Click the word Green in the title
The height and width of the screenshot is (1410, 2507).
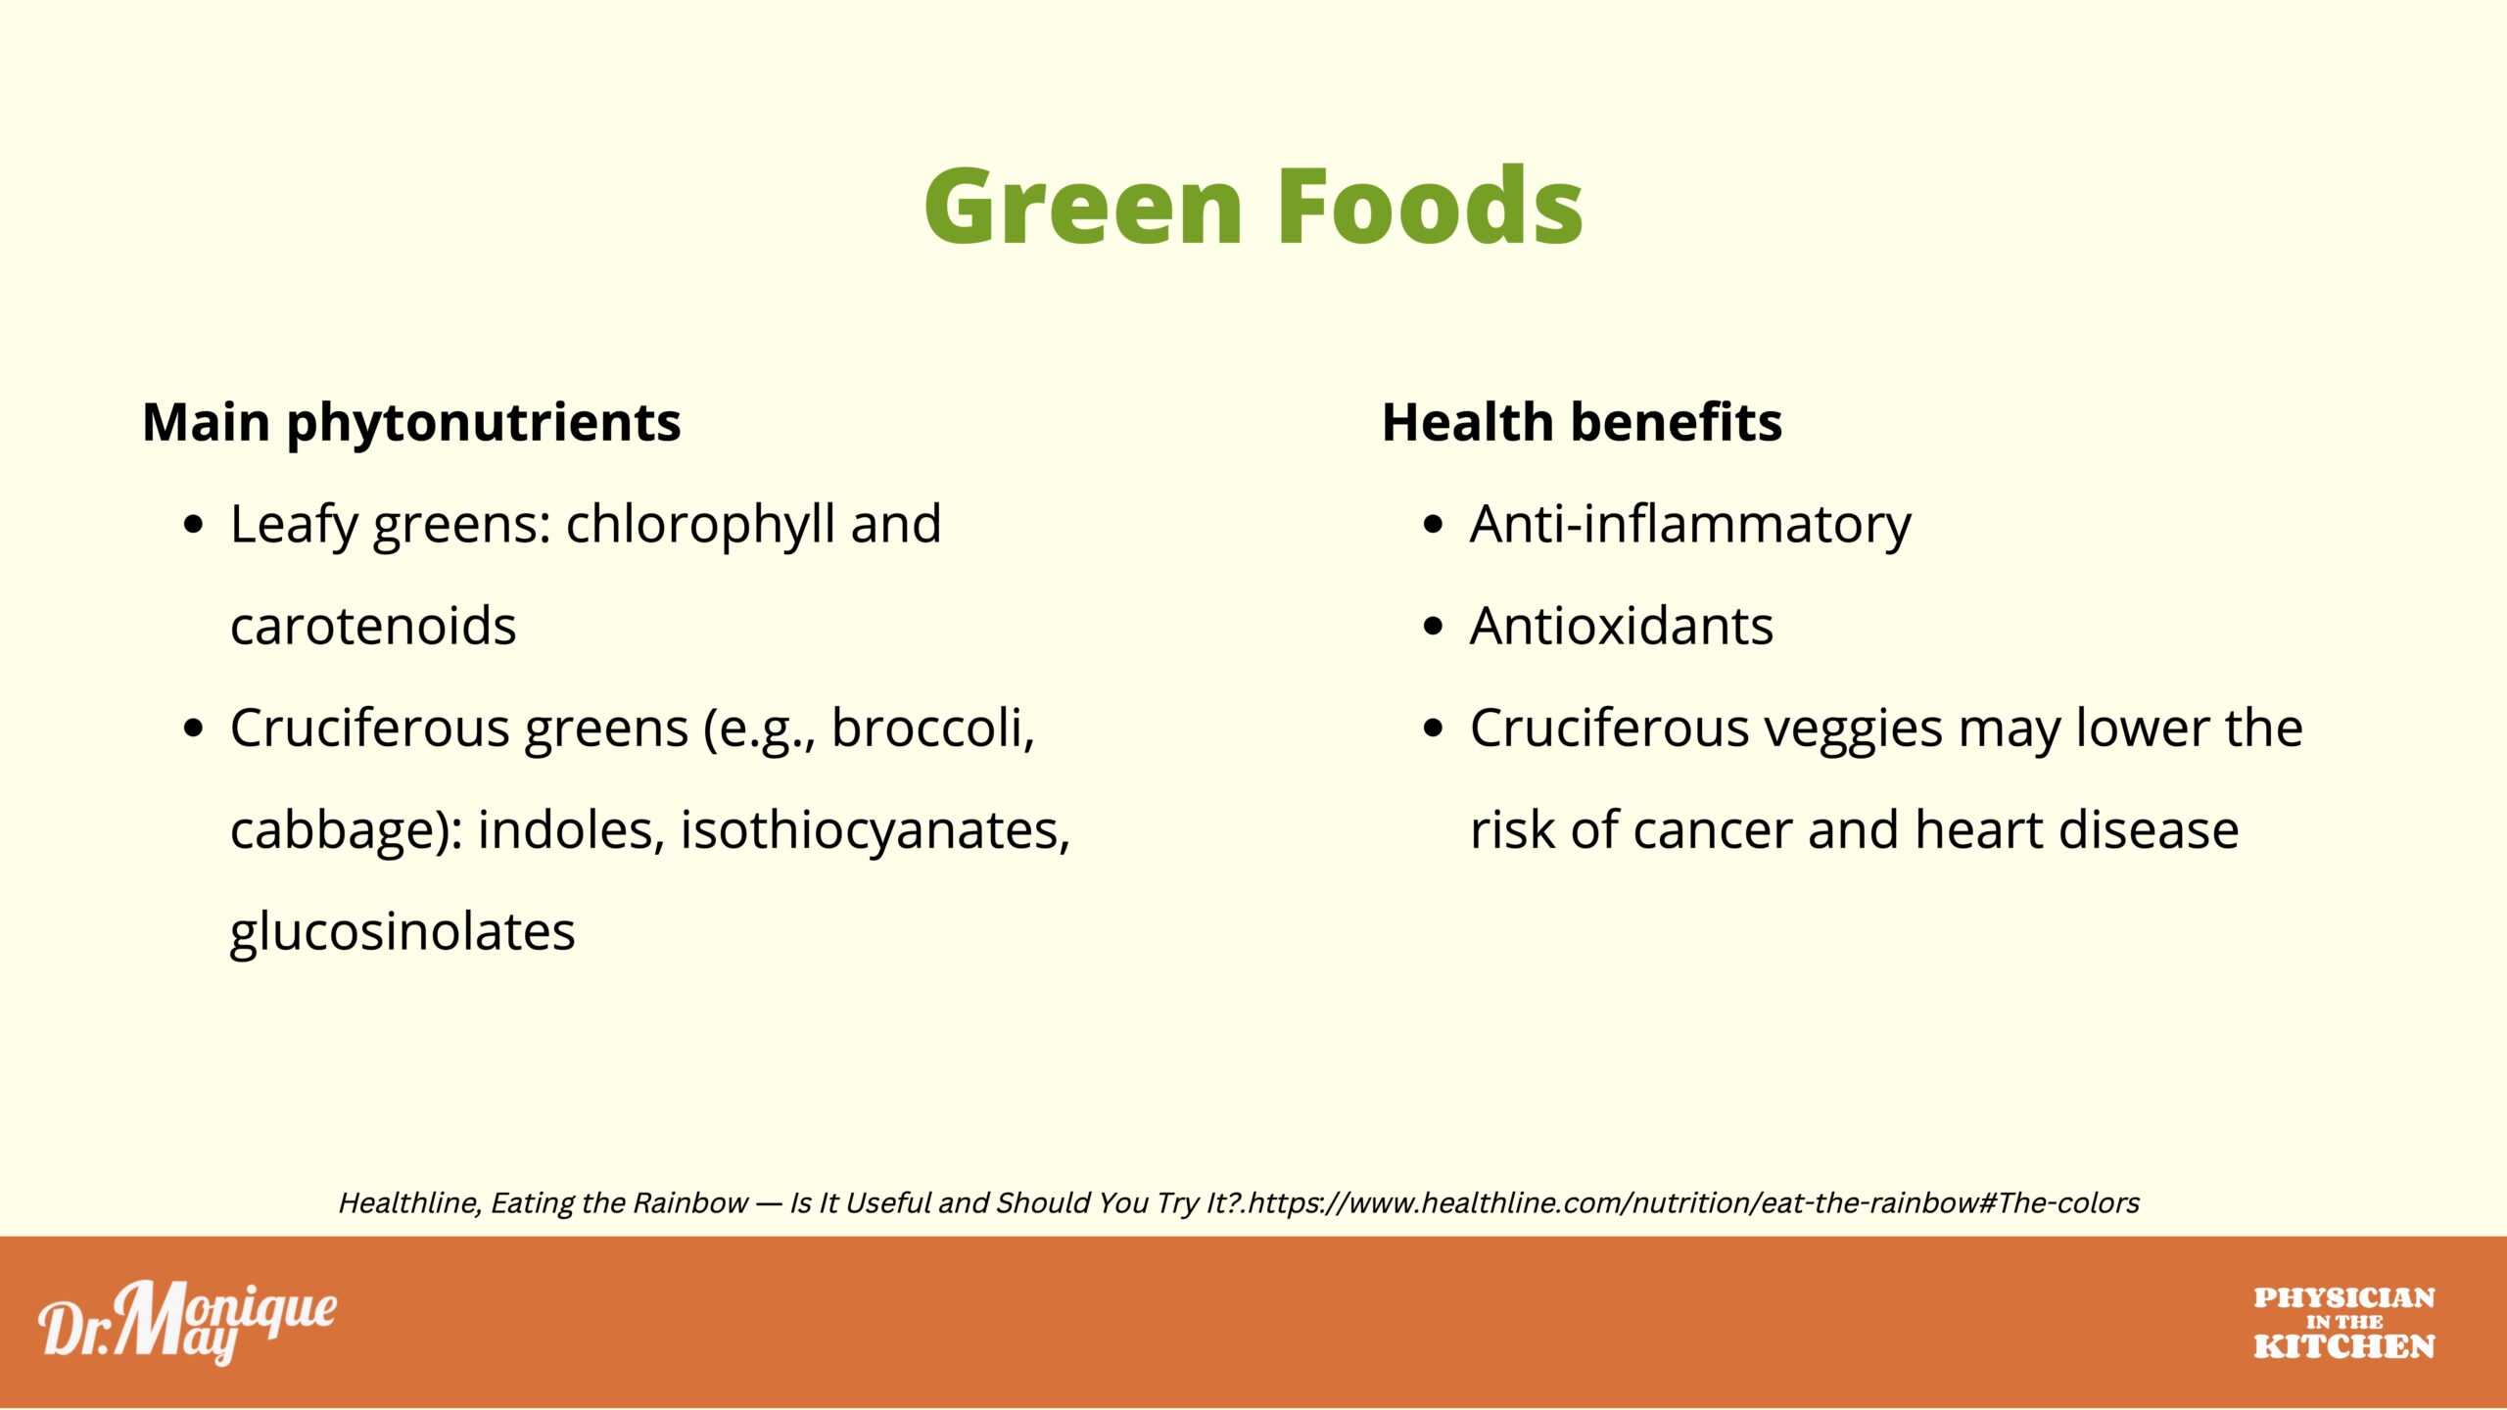1083,206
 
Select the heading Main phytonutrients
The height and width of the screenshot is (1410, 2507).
411,424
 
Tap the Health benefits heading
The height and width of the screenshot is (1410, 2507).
1582,423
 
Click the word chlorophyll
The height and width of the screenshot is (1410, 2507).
700,526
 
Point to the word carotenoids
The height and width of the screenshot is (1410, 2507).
373,627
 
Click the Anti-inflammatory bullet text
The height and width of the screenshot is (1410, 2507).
1690,526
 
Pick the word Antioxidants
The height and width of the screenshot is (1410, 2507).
1622,627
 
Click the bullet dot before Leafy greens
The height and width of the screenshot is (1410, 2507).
194,526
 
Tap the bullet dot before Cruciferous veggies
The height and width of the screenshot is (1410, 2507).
1434,728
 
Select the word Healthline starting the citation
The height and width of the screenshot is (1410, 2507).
410,1203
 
